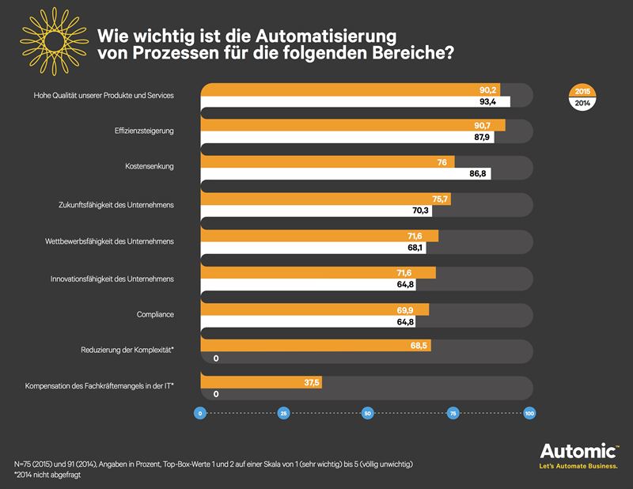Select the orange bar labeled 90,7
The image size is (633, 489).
pyautogui.click(x=353, y=126)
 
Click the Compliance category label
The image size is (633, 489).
pyautogui.click(x=155, y=315)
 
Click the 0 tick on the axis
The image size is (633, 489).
pyautogui.click(x=201, y=414)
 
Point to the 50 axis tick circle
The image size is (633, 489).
pyautogui.click(x=366, y=414)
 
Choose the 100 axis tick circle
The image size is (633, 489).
pyautogui.click(x=530, y=414)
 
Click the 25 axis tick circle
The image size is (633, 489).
pyautogui.click(x=283, y=414)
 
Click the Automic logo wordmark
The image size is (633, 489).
pyautogui.click(x=578, y=453)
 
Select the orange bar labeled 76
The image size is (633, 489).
pyautogui.click(x=326, y=162)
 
